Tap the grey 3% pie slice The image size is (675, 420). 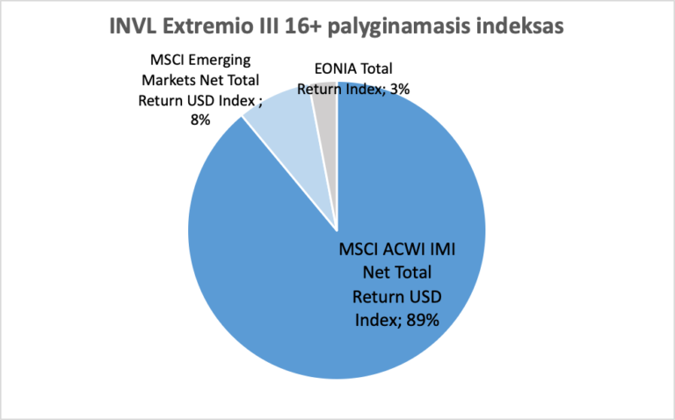[326, 107]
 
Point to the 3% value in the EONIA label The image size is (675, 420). [400, 87]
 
